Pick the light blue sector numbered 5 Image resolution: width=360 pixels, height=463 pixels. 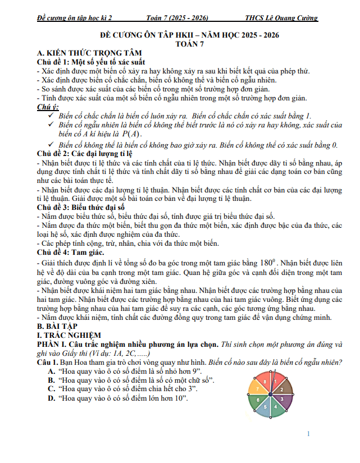click(x=265, y=407)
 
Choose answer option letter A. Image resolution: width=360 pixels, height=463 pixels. click(x=51, y=371)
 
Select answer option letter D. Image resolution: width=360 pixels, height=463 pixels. click(x=51, y=398)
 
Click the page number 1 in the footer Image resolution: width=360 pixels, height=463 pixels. click(x=309, y=434)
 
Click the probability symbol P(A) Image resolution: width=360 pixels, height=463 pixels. click(x=131, y=134)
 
